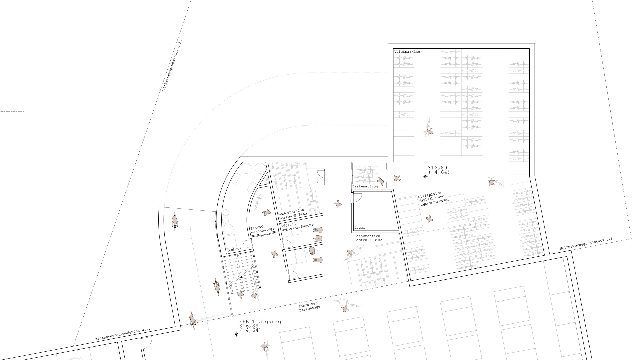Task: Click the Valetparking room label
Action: click(407, 52)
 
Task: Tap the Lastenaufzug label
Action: click(365, 186)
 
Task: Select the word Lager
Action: click(360, 228)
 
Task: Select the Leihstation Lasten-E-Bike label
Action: click(368, 238)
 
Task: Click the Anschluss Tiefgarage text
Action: click(309, 306)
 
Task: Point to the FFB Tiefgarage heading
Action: click(262, 321)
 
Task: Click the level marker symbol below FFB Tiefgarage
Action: click(236, 334)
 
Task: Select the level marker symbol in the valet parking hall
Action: click(425, 176)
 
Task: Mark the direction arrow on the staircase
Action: click(242, 276)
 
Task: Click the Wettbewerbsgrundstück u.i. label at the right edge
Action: click(587, 244)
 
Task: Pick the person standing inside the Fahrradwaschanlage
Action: click(267, 212)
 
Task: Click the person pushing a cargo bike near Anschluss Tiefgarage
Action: click(346, 308)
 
